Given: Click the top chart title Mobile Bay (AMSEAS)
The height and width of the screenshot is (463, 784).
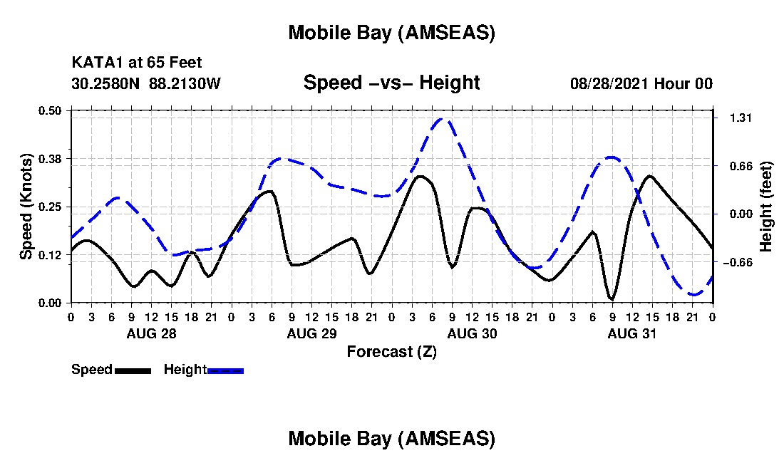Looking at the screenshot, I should [391, 33].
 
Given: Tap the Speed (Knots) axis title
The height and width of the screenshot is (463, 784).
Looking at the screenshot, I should [26, 206].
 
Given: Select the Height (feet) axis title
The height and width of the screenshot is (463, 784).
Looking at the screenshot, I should [767, 206].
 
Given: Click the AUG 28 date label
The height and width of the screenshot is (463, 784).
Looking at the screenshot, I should [151, 333].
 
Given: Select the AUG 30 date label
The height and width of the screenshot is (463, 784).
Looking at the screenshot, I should [472, 333].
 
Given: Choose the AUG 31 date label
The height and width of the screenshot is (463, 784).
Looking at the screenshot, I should [632, 333].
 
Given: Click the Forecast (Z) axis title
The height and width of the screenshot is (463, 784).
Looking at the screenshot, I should [391, 352].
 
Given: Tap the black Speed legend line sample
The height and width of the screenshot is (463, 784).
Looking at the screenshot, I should [132, 370].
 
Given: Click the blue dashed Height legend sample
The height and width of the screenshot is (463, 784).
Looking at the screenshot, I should [225, 370].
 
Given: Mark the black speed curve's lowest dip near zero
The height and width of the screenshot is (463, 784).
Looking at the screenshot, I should [611, 299].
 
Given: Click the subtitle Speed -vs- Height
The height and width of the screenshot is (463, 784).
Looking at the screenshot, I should [391, 83].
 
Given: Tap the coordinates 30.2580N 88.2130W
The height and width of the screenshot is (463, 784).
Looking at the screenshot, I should [146, 83].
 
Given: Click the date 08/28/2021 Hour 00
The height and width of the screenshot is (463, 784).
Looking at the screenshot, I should [641, 83].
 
